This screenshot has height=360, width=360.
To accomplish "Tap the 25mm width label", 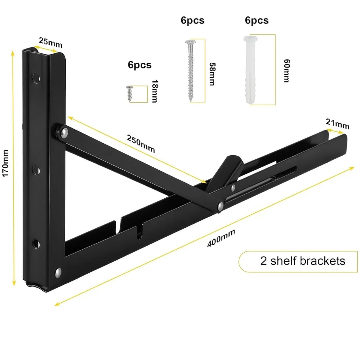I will click(50, 42).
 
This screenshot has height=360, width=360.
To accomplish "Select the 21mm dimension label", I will click(338, 123).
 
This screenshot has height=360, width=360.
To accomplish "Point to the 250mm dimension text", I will click(141, 144).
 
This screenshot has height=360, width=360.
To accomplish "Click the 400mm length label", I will click(221, 238).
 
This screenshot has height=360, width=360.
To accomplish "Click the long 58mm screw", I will click(190, 70).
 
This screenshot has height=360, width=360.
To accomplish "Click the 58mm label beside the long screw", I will click(212, 74).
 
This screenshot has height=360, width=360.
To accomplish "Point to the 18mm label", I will click(154, 91).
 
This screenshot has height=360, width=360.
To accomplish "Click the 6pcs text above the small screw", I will click(139, 65).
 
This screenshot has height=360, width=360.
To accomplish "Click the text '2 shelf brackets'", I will click(303, 261).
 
